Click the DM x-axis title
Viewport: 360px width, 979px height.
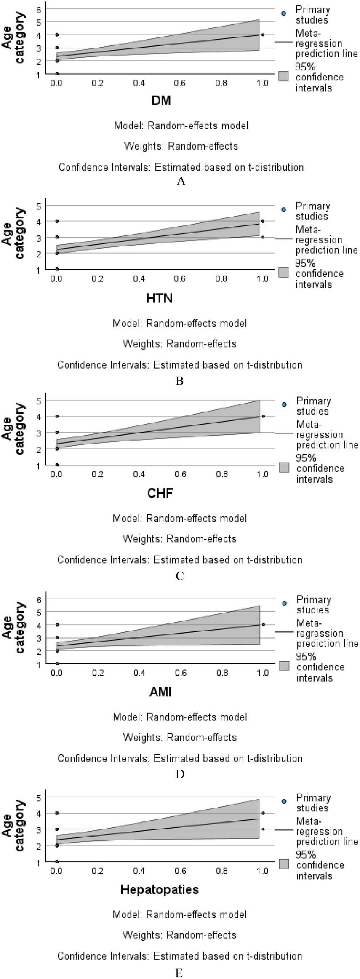click(x=161, y=101)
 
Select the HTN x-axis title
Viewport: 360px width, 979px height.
click(x=159, y=298)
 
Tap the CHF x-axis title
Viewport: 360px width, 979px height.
click(x=160, y=493)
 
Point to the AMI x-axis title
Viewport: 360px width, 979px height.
click(x=160, y=692)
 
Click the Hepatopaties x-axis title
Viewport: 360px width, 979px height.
click(x=159, y=889)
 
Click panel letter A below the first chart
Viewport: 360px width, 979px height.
click(x=181, y=181)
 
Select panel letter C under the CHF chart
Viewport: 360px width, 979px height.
click(x=180, y=576)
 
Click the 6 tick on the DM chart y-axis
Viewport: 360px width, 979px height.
click(x=38, y=9)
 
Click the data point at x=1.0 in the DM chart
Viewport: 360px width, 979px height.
click(x=263, y=35)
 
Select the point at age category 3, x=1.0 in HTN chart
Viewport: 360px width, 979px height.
click(x=263, y=237)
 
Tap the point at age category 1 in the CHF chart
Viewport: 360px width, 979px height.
click(x=57, y=465)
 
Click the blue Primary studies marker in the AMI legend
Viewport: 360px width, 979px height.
click(x=284, y=603)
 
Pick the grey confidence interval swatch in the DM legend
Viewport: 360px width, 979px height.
click(x=283, y=76)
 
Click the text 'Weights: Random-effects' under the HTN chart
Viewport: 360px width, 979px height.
click(x=179, y=344)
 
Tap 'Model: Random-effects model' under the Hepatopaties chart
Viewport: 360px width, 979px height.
click(x=179, y=915)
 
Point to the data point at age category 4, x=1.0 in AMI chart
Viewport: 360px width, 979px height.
click(x=263, y=625)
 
